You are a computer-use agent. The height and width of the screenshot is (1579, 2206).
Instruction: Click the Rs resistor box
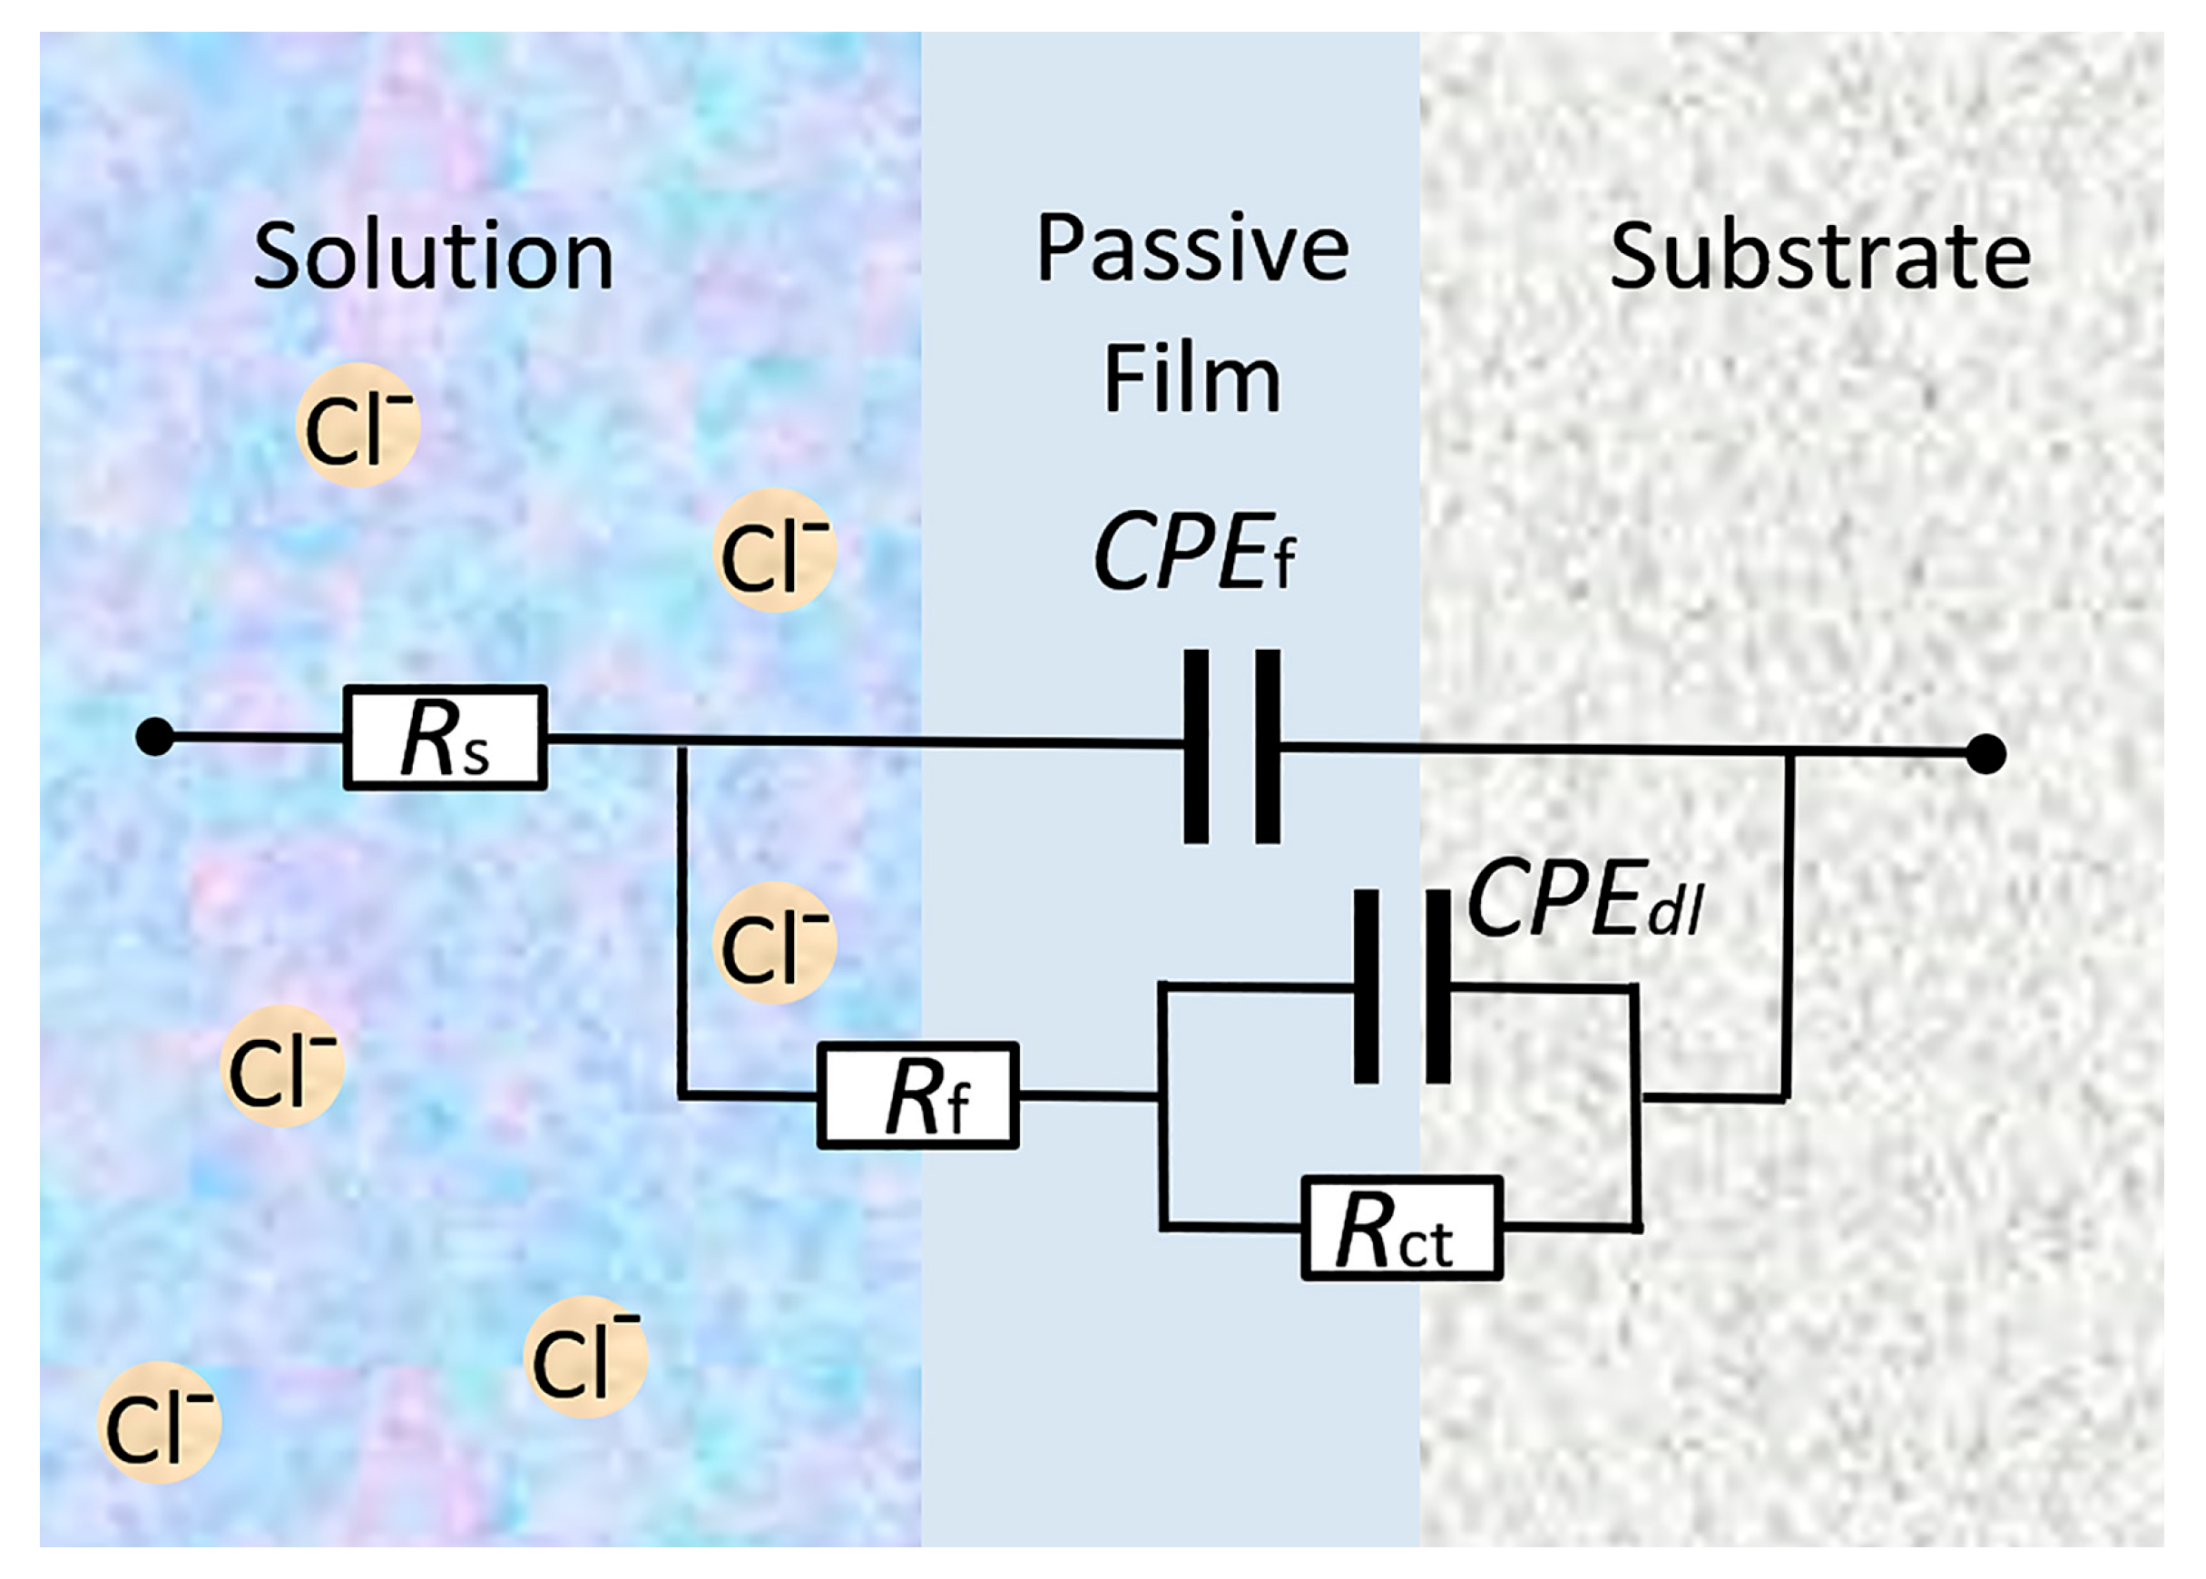click(x=445, y=737)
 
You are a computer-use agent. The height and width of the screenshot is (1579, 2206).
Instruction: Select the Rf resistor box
click(x=917, y=1096)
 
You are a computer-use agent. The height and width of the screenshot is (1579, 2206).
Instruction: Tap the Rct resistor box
click(x=1401, y=1228)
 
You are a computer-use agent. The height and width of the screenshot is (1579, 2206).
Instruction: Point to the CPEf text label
click(x=1194, y=554)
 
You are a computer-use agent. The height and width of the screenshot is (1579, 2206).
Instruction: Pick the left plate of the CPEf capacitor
click(x=1196, y=746)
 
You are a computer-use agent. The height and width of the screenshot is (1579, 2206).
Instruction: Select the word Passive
click(x=1192, y=249)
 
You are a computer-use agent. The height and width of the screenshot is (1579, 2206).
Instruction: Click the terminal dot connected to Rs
click(x=155, y=737)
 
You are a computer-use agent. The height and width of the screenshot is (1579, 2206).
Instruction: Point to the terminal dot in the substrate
click(x=1985, y=753)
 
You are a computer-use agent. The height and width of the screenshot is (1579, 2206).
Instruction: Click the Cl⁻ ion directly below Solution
click(x=357, y=426)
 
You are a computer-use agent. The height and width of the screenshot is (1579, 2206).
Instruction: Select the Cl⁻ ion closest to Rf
click(x=774, y=942)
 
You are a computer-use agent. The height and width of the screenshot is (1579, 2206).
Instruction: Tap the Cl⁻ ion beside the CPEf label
click(x=774, y=550)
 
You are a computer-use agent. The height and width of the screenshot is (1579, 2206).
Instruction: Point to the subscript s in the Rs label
click(x=476, y=755)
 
